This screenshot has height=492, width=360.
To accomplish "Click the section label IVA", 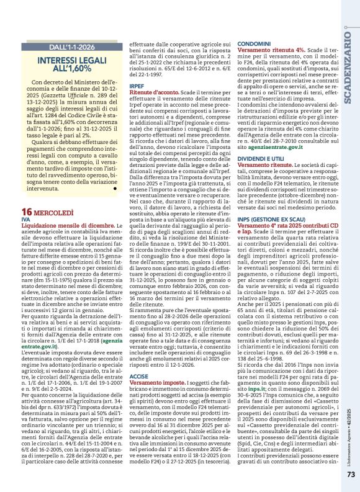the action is click(25, 220).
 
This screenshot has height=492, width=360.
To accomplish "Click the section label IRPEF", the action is click(137, 85).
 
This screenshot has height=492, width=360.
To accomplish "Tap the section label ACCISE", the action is click(138, 376).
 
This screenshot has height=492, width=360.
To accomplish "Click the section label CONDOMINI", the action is click(253, 43).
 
